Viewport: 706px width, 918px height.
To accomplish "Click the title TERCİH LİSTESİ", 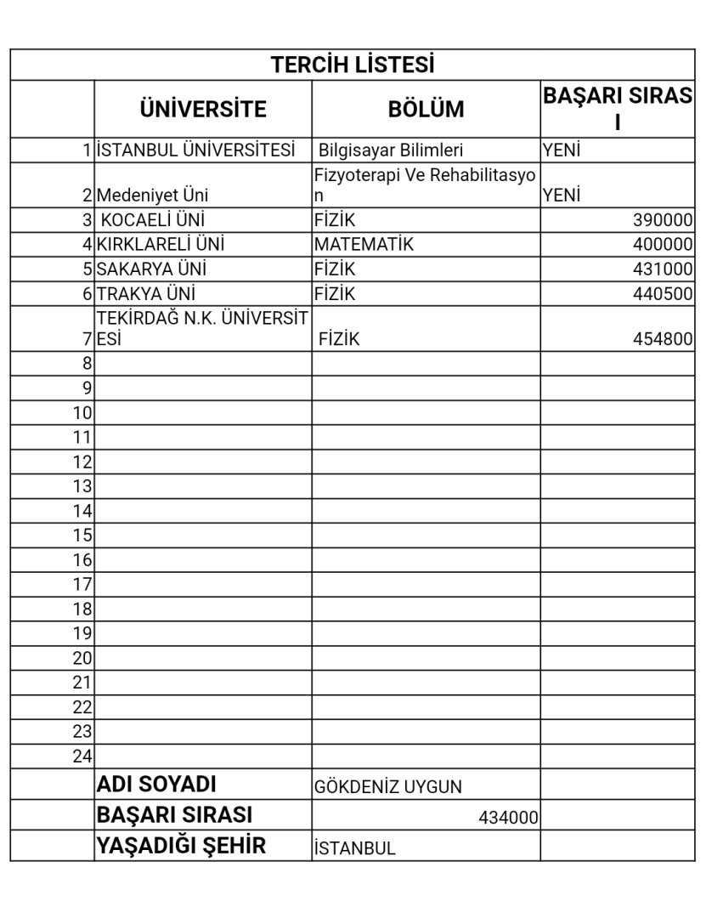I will [353, 65].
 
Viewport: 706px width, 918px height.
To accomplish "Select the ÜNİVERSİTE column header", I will [203, 109].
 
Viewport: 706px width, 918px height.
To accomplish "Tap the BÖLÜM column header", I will [426, 109].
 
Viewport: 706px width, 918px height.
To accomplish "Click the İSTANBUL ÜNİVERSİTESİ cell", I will [196, 150].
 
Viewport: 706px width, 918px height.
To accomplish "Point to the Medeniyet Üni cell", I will [152, 195].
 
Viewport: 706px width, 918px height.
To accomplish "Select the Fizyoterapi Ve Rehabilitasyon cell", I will [425, 184].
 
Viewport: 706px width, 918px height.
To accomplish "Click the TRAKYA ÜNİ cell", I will [146, 294].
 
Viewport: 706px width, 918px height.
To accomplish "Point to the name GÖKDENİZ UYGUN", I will [387, 787].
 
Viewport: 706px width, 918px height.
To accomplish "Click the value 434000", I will [508, 818].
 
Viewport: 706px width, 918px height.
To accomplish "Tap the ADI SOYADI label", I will [157, 784].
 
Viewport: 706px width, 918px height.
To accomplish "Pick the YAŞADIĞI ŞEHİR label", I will [182, 846].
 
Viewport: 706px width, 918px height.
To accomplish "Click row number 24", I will [82, 756].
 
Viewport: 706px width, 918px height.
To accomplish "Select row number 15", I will [82, 535].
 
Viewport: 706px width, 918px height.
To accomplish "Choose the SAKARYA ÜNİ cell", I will [152, 269].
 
